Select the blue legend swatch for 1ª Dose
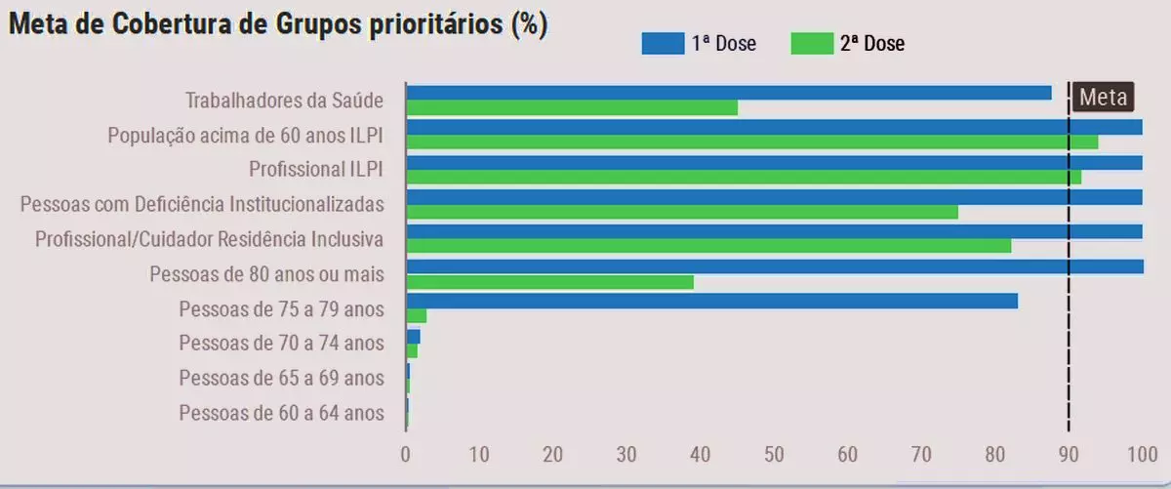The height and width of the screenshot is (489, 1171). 663,43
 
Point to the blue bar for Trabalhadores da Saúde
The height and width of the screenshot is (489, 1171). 728,93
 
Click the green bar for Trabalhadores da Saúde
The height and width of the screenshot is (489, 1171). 572,107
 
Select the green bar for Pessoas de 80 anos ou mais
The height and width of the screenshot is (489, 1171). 549,282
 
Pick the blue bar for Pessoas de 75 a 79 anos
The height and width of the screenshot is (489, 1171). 711,301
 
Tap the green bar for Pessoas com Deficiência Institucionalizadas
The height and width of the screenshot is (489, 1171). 681,212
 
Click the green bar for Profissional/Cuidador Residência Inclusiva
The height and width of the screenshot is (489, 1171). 708,246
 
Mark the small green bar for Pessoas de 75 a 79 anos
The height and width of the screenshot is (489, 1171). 417,315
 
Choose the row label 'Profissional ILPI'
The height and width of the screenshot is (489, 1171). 315,169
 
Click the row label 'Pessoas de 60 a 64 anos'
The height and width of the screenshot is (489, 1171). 281,413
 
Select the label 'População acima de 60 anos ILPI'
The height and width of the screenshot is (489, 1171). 245,135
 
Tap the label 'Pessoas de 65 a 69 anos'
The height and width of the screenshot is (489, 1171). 281,378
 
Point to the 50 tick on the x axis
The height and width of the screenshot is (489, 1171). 774,453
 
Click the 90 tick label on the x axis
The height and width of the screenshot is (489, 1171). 1069,453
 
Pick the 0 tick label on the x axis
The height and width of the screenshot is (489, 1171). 406,453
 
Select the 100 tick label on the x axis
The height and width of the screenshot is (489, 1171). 1142,453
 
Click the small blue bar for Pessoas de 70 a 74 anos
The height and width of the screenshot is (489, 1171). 413,336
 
